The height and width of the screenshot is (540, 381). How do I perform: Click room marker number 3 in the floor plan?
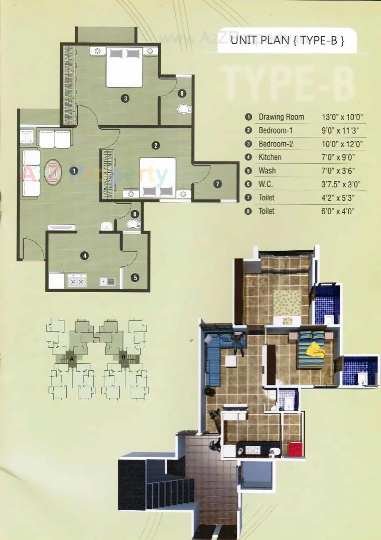[x=125, y=98]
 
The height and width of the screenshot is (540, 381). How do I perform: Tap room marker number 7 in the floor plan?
[x=218, y=184]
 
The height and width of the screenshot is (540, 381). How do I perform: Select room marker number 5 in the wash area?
[x=135, y=278]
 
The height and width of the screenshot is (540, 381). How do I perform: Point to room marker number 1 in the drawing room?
[x=74, y=171]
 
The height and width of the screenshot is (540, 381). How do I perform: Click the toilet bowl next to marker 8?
[x=184, y=109]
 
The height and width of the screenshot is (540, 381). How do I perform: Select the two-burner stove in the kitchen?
[x=77, y=281]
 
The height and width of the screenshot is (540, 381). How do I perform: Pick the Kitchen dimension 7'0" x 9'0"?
[x=338, y=157]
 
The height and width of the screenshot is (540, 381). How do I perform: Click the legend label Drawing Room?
[x=281, y=117]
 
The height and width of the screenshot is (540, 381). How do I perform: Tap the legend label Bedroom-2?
[x=276, y=144]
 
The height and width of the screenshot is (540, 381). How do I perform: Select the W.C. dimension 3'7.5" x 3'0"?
[x=341, y=184]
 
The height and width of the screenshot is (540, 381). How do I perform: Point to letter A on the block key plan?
[x=72, y=359]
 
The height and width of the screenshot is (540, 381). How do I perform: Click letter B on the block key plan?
[x=124, y=357]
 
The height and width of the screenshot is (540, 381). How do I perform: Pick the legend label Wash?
[x=267, y=171]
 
